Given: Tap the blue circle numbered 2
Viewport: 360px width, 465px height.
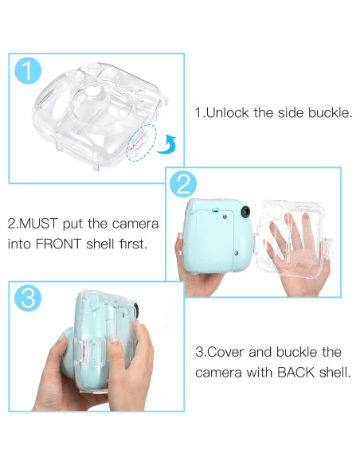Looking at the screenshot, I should (x=182, y=183).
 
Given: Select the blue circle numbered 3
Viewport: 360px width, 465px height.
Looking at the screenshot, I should (x=28, y=298).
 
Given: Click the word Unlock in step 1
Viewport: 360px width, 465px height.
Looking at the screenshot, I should (x=228, y=112).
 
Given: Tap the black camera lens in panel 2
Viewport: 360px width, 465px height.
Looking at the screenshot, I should (x=247, y=212).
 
